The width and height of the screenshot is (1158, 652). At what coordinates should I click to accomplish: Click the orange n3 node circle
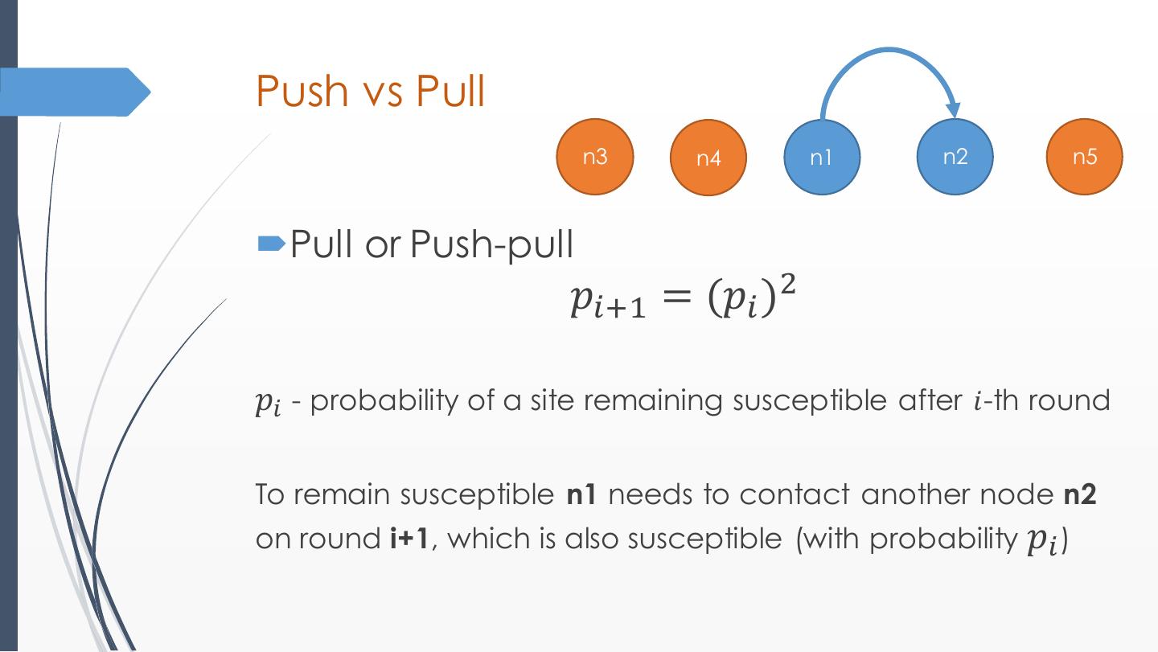coord(595,157)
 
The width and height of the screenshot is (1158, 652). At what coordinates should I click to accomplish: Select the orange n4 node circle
coord(708,158)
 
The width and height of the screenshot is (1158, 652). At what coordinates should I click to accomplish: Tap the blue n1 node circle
coord(822,158)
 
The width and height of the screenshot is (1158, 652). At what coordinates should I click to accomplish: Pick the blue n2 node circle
coord(955,157)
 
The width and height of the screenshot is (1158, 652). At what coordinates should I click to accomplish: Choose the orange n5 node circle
coord(1084,157)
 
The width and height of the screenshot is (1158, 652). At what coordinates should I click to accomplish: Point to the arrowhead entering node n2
coord(953,111)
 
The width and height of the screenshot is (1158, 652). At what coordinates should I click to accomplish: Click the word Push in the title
coord(302,91)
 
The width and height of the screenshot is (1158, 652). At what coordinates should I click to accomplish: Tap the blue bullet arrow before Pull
coord(270,243)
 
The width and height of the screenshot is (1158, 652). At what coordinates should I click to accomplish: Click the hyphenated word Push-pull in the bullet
coord(492,243)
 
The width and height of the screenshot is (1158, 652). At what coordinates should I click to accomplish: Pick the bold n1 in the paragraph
coord(581,494)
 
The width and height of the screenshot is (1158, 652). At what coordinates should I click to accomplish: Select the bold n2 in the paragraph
coord(1080,494)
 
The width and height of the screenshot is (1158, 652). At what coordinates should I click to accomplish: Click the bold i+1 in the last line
coord(409,538)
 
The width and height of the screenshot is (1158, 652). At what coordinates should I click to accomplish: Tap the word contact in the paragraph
coord(794,494)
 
